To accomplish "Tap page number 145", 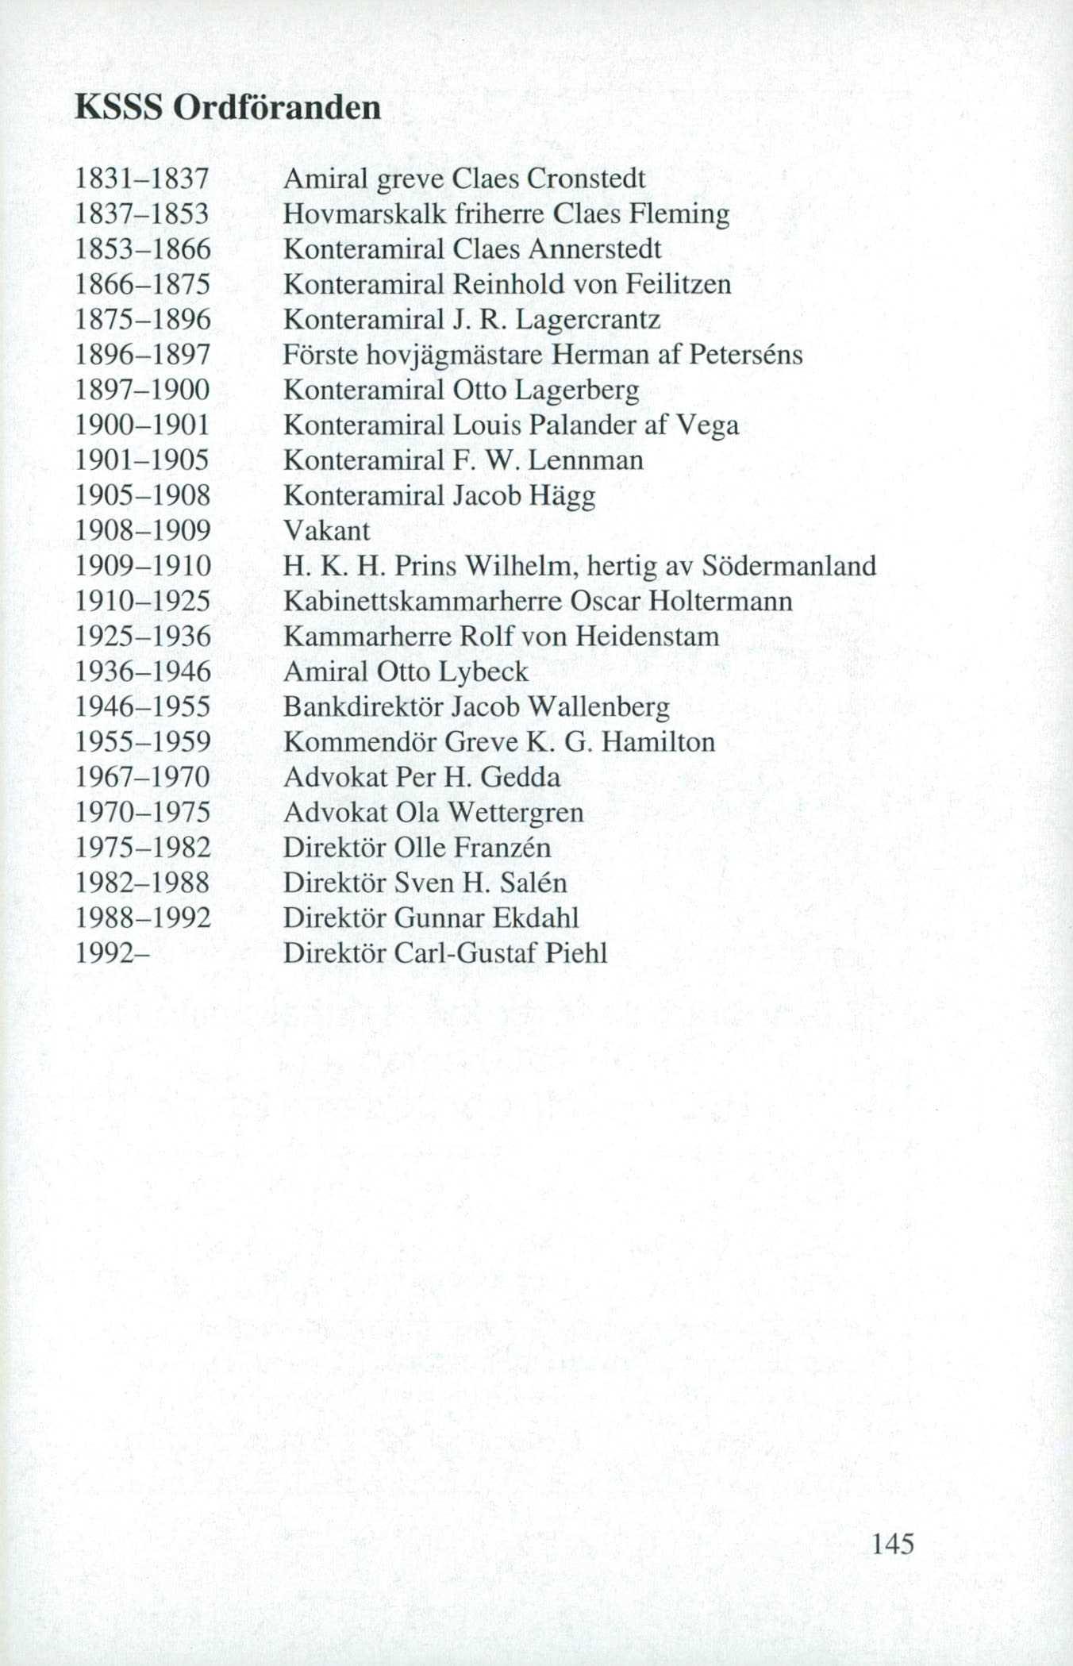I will [893, 1543].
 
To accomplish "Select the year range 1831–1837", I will [143, 179].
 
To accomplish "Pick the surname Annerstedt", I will [594, 249].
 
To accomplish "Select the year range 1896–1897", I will [143, 355].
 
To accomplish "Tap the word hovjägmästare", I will [454, 355].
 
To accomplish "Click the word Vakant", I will [327, 530].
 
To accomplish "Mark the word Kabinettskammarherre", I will [421, 601].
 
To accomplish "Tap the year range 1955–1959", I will [143, 742].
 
